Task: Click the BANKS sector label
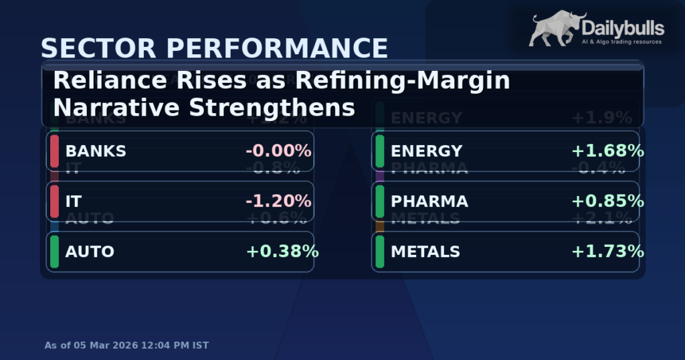(96, 151)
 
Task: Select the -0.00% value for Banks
(278, 151)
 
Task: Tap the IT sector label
(74, 201)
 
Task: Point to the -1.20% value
(278, 201)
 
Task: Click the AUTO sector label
(90, 252)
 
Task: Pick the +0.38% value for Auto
(282, 252)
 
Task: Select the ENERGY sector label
(427, 151)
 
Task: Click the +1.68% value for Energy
(607, 151)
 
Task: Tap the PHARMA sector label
(429, 201)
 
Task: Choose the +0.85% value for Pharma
(607, 201)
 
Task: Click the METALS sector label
(425, 252)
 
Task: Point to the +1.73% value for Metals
(607, 252)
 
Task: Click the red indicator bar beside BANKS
(54, 151)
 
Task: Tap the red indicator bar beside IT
(54, 201)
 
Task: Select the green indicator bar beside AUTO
(54, 252)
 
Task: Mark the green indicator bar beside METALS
(380, 252)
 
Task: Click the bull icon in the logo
(555, 29)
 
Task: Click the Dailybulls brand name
(623, 27)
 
